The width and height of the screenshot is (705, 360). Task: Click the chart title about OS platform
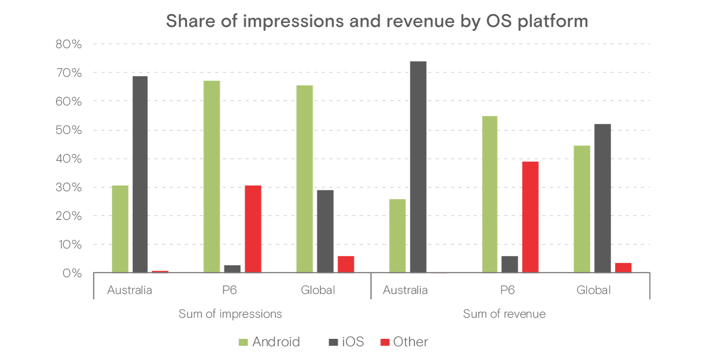377,22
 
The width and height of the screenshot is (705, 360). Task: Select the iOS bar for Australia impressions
140,174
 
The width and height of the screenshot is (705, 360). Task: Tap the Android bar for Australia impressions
120,229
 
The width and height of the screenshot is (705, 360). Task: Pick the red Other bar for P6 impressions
253,229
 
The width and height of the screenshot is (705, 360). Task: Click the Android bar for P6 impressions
212,177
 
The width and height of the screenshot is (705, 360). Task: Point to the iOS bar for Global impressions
325,231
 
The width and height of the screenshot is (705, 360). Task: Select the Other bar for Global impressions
346,264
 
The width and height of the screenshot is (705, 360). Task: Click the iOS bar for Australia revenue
418,167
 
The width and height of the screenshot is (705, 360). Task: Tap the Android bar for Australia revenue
397,236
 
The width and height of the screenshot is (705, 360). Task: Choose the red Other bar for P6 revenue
531,217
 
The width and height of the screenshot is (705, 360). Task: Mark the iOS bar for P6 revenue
509,264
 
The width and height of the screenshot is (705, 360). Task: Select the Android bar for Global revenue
582,209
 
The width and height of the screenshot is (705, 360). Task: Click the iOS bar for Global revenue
603,198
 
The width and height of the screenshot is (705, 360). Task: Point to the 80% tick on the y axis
69,44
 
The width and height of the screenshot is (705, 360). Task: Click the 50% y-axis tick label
69,130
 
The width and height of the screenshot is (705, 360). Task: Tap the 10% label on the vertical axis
70,245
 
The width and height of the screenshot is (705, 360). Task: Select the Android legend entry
269,342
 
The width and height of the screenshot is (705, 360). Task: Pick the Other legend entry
404,342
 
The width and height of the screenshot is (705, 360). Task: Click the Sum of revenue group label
504,314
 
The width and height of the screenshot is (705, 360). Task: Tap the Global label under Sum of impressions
318,290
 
